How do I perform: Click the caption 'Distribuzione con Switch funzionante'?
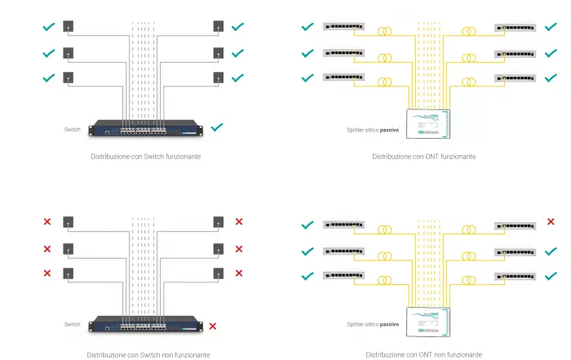(146, 156)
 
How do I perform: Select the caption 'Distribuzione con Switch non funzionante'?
(148, 354)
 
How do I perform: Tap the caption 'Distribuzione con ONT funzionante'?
(423, 156)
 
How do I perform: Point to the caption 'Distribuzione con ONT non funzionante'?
(423, 354)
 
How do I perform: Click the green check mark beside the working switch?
(216, 127)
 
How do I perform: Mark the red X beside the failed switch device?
(213, 327)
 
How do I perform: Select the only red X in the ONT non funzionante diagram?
(551, 221)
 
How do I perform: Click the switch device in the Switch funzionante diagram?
(146, 127)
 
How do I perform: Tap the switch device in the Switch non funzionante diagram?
(146, 324)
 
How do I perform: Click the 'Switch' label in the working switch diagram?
(73, 129)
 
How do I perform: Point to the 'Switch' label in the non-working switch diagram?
(73, 324)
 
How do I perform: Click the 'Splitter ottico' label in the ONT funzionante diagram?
(372, 130)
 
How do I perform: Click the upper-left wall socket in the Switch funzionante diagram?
(69, 27)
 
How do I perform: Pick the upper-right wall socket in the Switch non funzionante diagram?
(218, 222)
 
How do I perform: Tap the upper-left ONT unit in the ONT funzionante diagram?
(343, 27)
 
